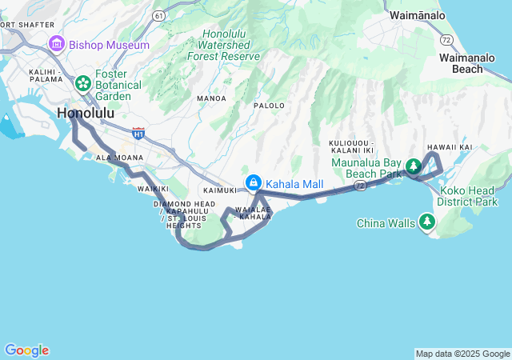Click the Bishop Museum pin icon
(x=56, y=44)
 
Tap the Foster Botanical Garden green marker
(x=82, y=83)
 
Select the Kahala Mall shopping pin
(x=254, y=183)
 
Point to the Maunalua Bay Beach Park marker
(x=414, y=166)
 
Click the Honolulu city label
(x=85, y=114)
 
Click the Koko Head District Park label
(x=470, y=197)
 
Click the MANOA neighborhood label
(x=211, y=98)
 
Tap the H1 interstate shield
(x=139, y=133)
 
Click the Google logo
(x=26, y=350)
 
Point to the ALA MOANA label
(x=114, y=158)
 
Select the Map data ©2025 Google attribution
(x=462, y=354)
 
